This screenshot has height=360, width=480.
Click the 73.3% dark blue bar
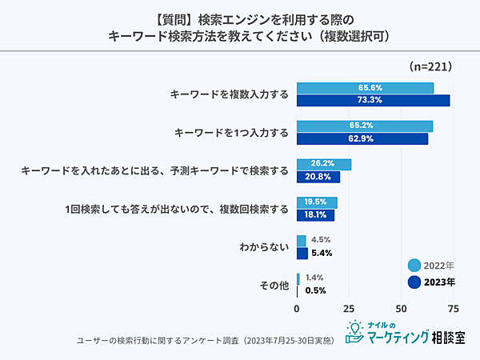[x=374, y=100]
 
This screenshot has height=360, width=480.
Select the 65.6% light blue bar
[x=365, y=88]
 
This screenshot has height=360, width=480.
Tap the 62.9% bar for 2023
[x=362, y=138]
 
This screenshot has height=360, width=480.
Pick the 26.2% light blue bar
[x=324, y=164]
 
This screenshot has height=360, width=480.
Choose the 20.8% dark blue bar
[x=318, y=177]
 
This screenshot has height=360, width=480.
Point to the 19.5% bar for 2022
[x=317, y=202]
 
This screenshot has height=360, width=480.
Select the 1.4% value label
[x=314, y=278]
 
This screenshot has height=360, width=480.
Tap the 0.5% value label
[x=315, y=290]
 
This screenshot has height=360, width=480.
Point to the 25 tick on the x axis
[x=349, y=308]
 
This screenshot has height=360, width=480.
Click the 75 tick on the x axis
[x=454, y=308]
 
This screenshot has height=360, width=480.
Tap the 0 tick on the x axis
[x=297, y=308]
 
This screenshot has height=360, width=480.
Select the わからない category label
[x=264, y=247]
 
